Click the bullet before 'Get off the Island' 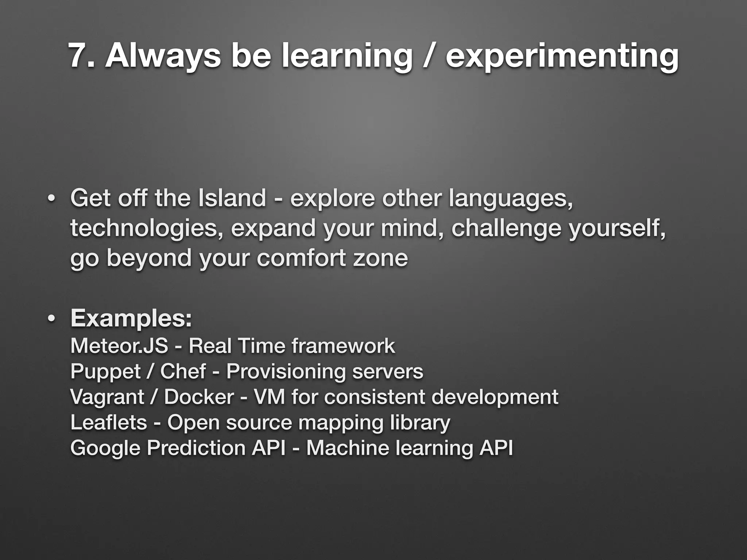click(x=51, y=199)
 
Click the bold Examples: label click(x=131, y=319)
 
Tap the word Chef click(x=183, y=371)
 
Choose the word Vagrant click(x=107, y=397)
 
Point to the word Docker click(x=199, y=397)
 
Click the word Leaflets click(x=108, y=422)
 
